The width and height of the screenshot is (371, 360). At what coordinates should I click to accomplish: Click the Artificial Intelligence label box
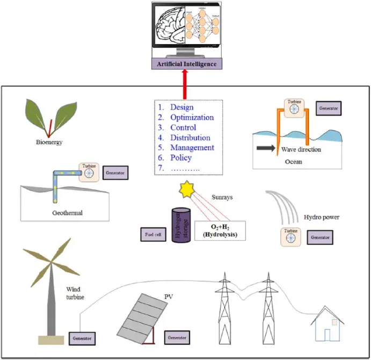click(187, 64)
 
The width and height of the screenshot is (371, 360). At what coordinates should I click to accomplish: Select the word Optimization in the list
click(192, 118)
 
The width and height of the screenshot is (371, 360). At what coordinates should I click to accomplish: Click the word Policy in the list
click(181, 158)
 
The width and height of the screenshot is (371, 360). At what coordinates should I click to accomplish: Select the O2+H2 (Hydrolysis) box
click(220, 231)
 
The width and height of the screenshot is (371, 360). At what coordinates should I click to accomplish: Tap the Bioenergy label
click(48, 143)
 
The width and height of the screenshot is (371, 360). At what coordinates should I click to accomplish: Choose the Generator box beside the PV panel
click(177, 338)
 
